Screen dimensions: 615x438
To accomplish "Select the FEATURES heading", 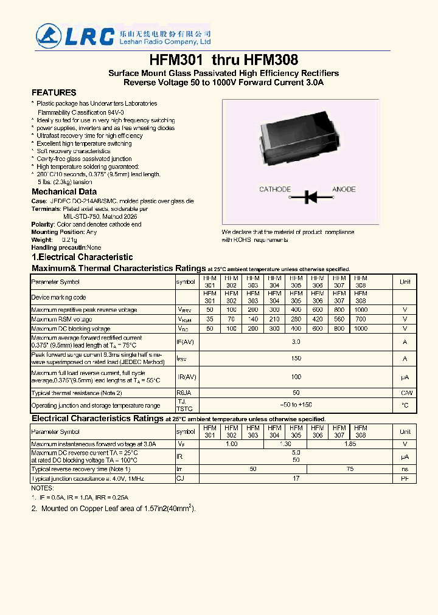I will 54,92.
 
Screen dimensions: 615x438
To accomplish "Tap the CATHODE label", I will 275,190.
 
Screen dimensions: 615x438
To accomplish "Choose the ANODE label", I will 344,190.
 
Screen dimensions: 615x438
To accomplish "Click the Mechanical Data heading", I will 64,191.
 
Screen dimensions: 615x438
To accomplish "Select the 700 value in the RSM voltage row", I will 361,319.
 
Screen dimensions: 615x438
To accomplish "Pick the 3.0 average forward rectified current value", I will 296,342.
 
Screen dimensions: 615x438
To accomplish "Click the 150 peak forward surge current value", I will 296,359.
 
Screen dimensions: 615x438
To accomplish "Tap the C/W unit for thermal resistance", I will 405,393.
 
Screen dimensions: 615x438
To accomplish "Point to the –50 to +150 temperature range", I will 296,405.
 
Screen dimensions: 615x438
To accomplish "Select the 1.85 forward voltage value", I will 350,444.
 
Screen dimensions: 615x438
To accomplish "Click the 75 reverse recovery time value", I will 350,469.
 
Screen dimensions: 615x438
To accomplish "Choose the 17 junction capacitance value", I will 296,479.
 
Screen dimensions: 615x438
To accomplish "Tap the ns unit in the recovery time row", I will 405,469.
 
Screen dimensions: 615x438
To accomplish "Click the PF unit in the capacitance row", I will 405,479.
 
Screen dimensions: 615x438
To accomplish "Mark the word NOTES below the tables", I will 43,488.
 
